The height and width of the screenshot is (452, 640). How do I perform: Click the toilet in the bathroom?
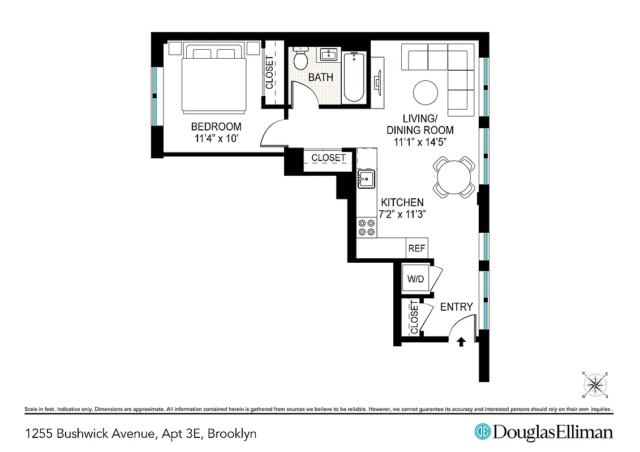(x=300, y=59)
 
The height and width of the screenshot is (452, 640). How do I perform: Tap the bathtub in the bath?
(x=355, y=77)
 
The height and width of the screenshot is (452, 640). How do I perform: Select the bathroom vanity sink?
(x=328, y=55)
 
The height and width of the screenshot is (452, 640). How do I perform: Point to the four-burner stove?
(x=366, y=227)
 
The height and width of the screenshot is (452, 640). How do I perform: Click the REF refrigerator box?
(x=417, y=248)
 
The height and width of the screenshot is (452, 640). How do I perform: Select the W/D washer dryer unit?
(x=416, y=278)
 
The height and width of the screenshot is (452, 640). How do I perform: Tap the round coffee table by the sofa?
(x=426, y=93)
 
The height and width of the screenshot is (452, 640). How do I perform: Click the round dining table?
(x=454, y=177)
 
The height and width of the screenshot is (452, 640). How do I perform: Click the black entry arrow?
(x=461, y=341)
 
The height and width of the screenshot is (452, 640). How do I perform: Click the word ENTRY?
(x=456, y=307)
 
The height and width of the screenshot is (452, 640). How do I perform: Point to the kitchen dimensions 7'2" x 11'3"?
(x=402, y=214)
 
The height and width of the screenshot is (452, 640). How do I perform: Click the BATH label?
(x=321, y=77)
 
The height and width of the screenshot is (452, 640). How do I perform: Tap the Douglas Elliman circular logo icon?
(x=482, y=432)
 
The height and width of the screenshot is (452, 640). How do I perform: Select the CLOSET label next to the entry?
(x=414, y=318)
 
